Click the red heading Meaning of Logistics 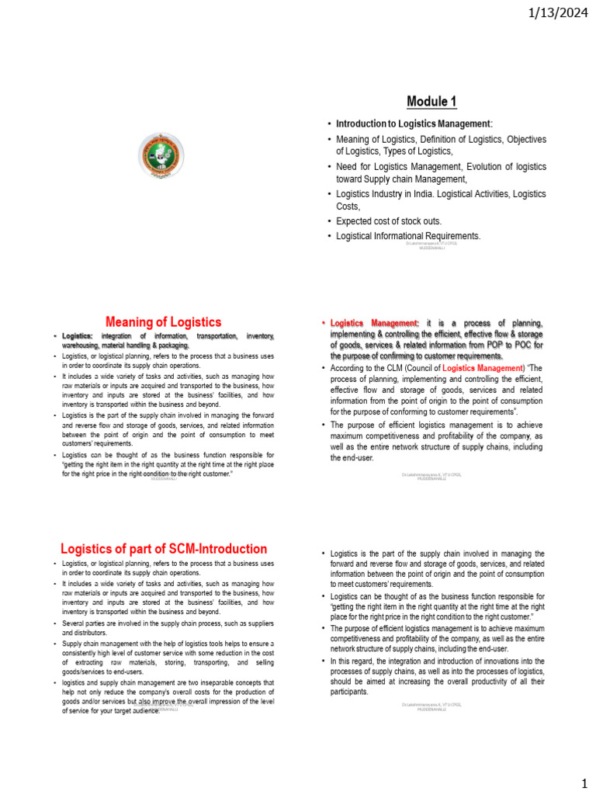click(x=163, y=321)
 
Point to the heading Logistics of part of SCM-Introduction click(x=164, y=548)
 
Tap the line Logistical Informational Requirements click(x=408, y=236)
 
